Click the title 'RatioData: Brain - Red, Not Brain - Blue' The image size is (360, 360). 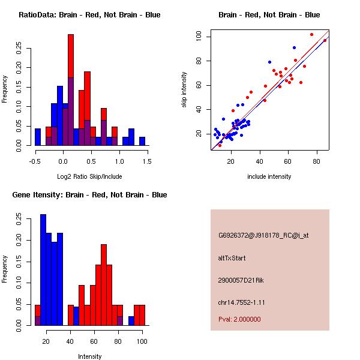(89, 15)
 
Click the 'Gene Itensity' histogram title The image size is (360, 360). (89, 195)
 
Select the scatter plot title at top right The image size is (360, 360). (269, 15)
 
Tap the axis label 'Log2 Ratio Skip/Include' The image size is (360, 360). (89, 176)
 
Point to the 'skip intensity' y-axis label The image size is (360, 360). (185, 90)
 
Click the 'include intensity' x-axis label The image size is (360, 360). (269, 176)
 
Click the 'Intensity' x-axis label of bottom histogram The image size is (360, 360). (90, 356)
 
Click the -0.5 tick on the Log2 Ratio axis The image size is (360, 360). (35, 161)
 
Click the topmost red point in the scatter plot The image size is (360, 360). (311, 34)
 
